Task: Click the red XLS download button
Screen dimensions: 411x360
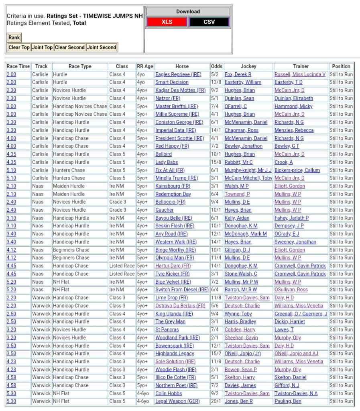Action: click(x=167, y=22)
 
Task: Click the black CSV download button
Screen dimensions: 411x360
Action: click(x=209, y=22)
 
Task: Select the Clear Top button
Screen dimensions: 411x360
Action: click(x=19, y=47)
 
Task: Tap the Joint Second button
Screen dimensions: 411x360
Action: click(x=102, y=47)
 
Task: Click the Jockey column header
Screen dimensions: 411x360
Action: click(x=248, y=66)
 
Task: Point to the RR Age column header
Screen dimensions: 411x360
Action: click(x=145, y=66)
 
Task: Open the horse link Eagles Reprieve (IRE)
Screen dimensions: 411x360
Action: click(x=178, y=74)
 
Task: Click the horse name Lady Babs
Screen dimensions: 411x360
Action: click(x=167, y=162)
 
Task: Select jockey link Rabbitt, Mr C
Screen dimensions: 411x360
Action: click(x=238, y=162)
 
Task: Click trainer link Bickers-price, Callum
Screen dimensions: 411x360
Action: click(x=297, y=170)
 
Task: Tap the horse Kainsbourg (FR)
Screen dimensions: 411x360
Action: click(x=173, y=186)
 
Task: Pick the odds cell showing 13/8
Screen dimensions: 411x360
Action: click(x=216, y=82)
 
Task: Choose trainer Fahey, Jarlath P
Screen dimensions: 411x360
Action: click(x=291, y=218)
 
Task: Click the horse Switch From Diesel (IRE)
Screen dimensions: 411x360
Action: click(x=182, y=290)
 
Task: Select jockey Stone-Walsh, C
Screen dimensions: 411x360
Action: click(x=241, y=274)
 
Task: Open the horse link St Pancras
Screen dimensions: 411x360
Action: click(x=167, y=330)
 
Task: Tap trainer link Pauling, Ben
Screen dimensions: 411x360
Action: click(x=288, y=401)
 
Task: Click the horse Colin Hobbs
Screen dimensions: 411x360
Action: click(x=169, y=393)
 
